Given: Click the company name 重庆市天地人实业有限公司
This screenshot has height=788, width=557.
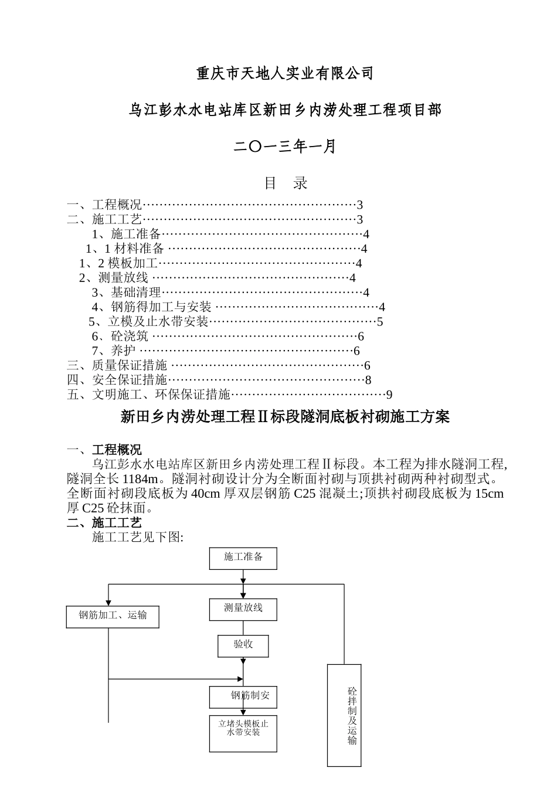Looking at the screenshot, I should [x=284, y=73].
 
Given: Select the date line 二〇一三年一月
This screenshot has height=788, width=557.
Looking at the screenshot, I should [x=284, y=146].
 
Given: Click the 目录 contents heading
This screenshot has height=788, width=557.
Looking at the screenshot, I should [x=286, y=183].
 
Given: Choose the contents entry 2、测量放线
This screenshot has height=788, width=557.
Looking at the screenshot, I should [x=114, y=278].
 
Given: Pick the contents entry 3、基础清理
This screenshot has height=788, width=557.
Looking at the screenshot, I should [x=126, y=292].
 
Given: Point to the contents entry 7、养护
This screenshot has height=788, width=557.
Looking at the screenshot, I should [x=114, y=351].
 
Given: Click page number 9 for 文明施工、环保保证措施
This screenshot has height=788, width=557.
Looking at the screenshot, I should [x=389, y=395].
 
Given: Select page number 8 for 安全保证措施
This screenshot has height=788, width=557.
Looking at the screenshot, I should [x=368, y=380].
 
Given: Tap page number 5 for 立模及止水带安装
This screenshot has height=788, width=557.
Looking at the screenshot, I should [x=380, y=321].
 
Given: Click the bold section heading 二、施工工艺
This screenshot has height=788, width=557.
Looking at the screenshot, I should [x=104, y=522].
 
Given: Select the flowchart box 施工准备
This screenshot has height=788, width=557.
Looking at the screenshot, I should [x=243, y=558].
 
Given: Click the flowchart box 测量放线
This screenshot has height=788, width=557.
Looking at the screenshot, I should [x=243, y=609].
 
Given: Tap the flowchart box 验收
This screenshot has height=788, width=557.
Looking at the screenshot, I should [x=243, y=645].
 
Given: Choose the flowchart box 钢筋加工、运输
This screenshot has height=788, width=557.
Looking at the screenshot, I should [x=113, y=616].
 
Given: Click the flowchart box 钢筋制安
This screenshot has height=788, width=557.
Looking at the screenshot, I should [x=243, y=697].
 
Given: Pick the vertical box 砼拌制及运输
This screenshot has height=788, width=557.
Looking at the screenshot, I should [x=344, y=715].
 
